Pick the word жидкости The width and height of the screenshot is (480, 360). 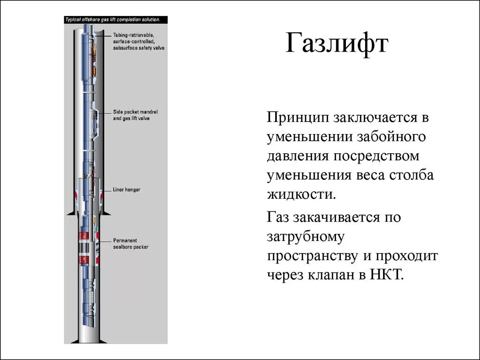pos(302,194)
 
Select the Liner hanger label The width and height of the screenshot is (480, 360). pos(127,190)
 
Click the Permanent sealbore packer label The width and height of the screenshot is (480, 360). pos(130,243)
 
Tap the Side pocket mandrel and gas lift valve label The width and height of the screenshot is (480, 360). pos(135,115)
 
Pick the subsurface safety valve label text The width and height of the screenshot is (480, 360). pos(138,48)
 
